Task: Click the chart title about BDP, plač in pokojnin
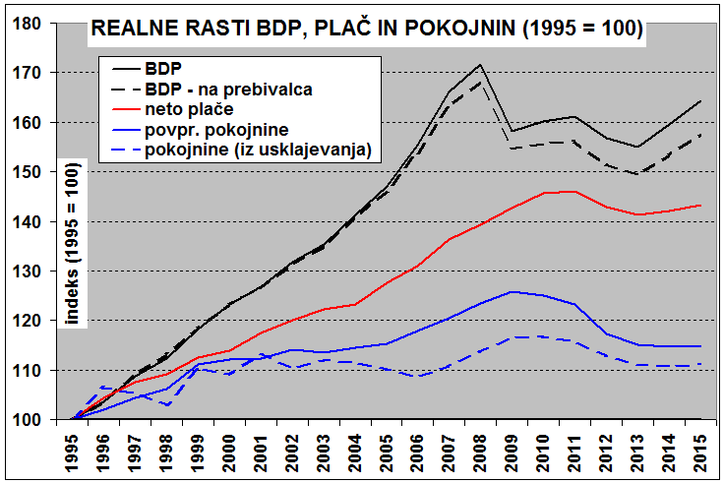point(367,30)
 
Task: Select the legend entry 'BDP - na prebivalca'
point(228,89)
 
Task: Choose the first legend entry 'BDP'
point(161,69)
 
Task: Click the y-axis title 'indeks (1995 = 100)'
point(71,241)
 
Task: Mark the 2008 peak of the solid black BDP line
point(480,65)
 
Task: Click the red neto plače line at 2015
point(698,206)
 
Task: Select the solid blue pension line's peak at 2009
point(512,292)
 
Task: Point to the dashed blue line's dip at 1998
point(167,405)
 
